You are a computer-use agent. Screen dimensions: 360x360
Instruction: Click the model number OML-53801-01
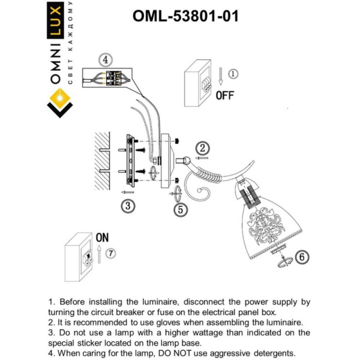[x=185, y=16]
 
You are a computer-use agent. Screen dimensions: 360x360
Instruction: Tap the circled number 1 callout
[x=234, y=74]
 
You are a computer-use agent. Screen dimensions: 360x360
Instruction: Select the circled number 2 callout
[x=203, y=148]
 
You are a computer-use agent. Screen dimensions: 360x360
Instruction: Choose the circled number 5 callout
[x=180, y=209]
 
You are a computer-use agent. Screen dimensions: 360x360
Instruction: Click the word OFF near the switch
[x=225, y=95]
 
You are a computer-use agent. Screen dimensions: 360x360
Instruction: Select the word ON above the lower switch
[x=102, y=238]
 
